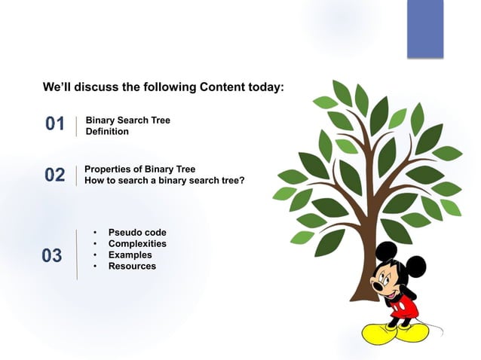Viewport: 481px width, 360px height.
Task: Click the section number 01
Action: (55, 124)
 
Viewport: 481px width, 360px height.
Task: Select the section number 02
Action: (55, 175)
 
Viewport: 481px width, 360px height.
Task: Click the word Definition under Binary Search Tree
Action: (107, 132)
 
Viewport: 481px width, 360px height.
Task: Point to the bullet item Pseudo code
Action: (137, 233)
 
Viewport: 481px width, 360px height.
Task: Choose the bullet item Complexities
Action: (137, 244)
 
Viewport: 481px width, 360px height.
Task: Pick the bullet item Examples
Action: (130, 255)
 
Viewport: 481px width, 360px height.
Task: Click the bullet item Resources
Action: (132, 267)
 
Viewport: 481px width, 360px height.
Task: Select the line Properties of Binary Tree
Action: (139, 169)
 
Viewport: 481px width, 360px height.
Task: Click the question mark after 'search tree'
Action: (242, 181)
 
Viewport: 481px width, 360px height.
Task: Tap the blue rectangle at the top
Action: (425, 29)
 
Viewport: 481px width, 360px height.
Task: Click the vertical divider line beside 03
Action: (76, 255)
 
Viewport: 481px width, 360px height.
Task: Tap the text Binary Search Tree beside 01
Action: (127, 121)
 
